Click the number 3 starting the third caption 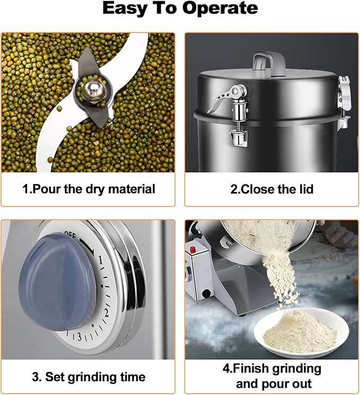click(35, 378)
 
